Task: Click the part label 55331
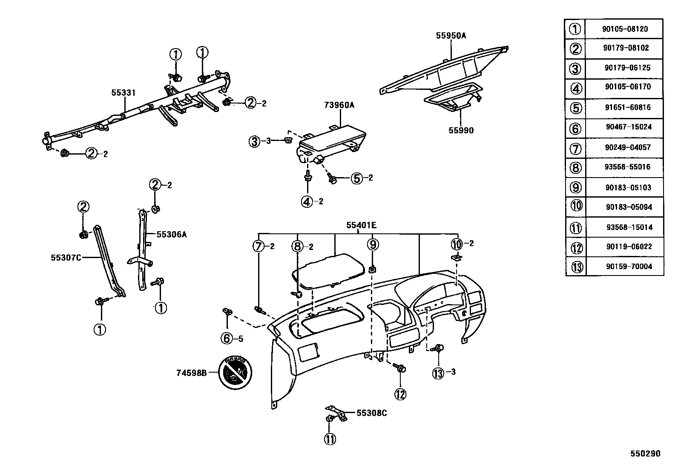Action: pyautogui.click(x=124, y=92)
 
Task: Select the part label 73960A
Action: pyautogui.click(x=339, y=105)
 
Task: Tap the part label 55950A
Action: pyautogui.click(x=451, y=36)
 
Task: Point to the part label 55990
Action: pyautogui.click(x=461, y=130)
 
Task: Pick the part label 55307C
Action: pyautogui.click(x=66, y=257)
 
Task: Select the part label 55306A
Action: pyautogui.click(x=171, y=234)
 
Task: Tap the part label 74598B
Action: pyautogui.click(x=192, y=373)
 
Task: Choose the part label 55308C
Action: pyautogui.click(x=371, y=413)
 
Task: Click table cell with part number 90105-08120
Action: pyautogui.click(x=625, y=29)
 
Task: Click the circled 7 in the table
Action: pyautogui.click(x=575, y=149)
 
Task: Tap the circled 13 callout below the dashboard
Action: pyautogui.click(x=438, y=373)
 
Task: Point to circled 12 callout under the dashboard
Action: pyautogui.click(x=400, y=394)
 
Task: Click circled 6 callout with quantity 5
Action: pyautogui.click(x=227, y=339)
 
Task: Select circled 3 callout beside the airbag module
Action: pyautogui.click(x=255, y=141)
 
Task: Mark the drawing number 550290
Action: pyautogui.click(x=645, y=454)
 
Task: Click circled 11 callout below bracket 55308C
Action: pyautogui.click(x=330, y=439)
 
